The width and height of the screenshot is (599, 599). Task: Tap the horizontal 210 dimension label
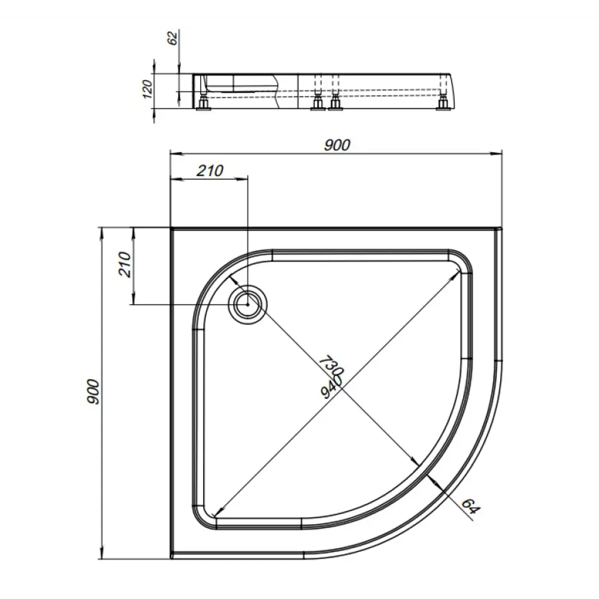pyautogui.click(x=210, y=171)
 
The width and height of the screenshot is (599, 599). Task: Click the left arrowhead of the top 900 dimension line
pyautogui.click(x=174, y=153)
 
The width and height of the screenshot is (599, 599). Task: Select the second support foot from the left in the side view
pyautogui.click(x=316, y=105)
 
